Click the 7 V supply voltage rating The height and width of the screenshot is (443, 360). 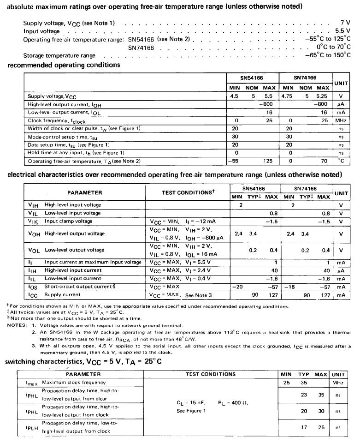click(345, 22)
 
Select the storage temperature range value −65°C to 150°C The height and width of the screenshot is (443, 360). click(327, 55)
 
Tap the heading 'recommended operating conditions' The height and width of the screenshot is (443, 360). click(64, 65)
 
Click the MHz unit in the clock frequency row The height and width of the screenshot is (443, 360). click(341, 120)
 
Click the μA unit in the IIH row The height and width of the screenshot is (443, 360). click(341, 270)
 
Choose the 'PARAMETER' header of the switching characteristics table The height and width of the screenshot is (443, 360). click(83, 374)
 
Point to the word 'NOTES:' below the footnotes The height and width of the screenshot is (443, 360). click(16, 325)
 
